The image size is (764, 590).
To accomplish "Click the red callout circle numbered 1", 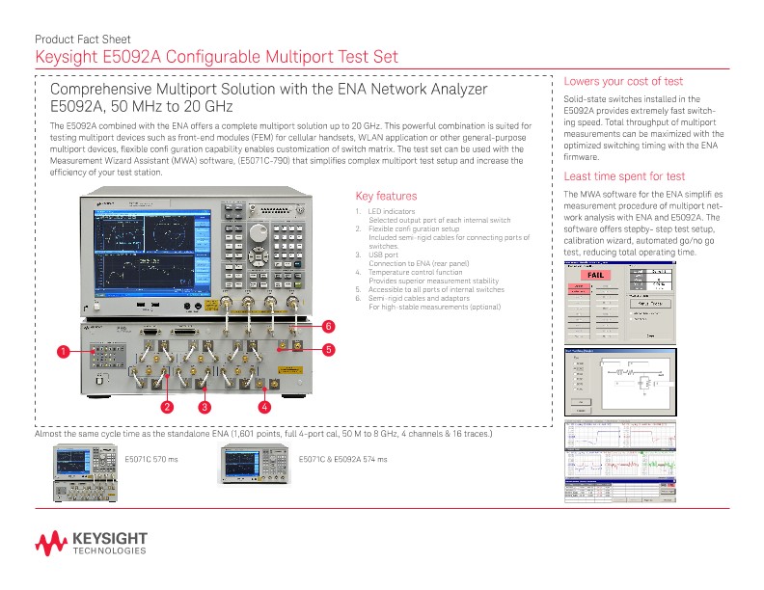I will (62, 352).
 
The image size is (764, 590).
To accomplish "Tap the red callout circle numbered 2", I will (167, 407).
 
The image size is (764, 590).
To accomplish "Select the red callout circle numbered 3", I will (205, 407).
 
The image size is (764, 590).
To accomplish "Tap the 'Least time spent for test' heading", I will (624, 176).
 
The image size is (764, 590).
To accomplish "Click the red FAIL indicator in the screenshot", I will (589, 275).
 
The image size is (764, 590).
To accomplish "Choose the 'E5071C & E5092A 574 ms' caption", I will (342, 459).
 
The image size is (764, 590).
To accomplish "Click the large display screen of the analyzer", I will (150, 252).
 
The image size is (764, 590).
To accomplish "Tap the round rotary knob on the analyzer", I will (258, 233).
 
